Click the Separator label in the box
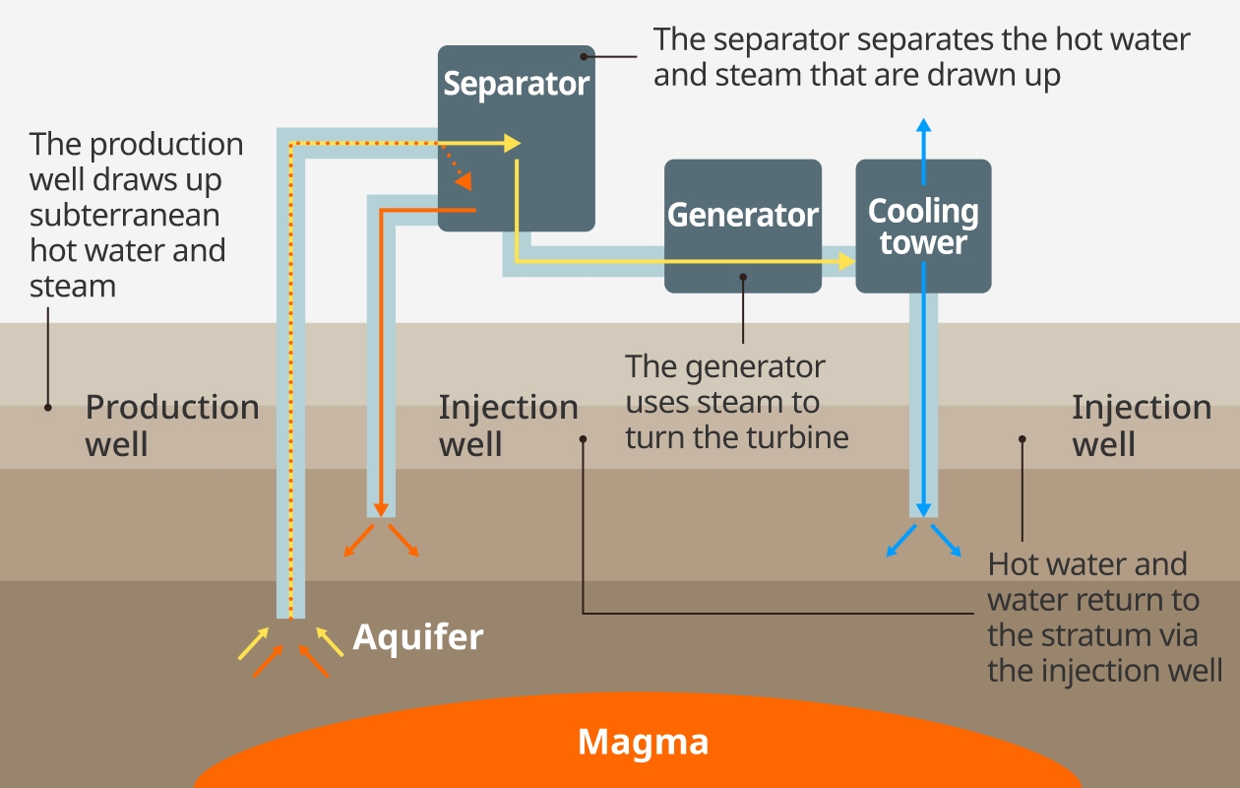tap(516, 84)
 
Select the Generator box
tap(742, 226)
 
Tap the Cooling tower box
tap(923, 227)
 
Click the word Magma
tap(643, 741)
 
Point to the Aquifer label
tap(418, 637)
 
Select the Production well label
tap(171, 425)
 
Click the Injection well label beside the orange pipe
tap(508, 425)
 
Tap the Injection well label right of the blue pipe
tap(1141, 425)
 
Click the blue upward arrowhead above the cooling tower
tap(923, 125)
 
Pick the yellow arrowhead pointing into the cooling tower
tap(846, 261)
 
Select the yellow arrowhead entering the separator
tap(512, 143)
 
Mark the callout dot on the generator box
tap(743, 277)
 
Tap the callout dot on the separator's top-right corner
tap(584, 57)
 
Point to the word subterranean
tap(124, 215)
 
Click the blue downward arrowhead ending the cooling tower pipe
tap(923, 509)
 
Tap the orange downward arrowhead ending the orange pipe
tap(381, 509)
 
